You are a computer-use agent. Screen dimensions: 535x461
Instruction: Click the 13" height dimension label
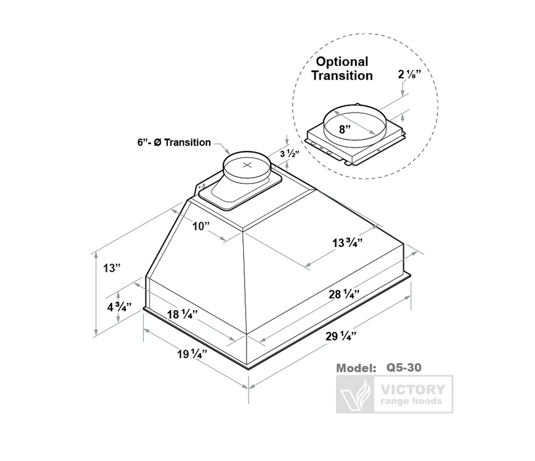[112, 268]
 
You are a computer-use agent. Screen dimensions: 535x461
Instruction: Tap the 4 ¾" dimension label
[119, 307]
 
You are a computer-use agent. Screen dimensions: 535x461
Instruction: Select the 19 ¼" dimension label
[192, 354]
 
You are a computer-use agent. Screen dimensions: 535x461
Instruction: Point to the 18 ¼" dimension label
[183, 314]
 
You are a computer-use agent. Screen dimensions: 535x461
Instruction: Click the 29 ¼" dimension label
[341, 336]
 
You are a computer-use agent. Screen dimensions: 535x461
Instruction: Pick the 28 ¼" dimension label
[344, 294]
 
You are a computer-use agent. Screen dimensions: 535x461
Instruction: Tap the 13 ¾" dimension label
[347, 243]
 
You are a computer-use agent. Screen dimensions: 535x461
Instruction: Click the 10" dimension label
[200, 226]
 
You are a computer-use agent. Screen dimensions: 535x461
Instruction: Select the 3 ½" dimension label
[290, 154]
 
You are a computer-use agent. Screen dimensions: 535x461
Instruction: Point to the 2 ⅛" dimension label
[409, 74]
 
